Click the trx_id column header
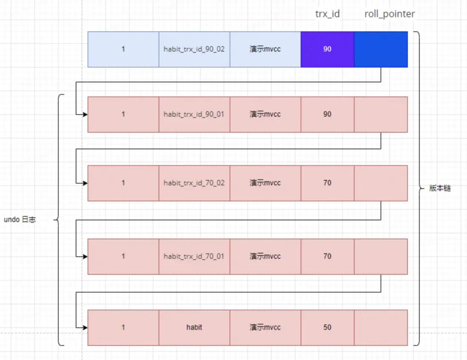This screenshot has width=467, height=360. pos(327,14)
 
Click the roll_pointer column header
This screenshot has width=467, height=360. pos(389,14)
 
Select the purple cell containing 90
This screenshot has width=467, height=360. pos(327,49)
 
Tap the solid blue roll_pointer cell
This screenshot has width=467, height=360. pos(381,49)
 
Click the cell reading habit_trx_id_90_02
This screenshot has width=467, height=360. pos(194,49)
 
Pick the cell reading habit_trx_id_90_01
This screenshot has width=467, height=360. pos(194,114)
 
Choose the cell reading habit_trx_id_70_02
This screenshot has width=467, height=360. pos(194,183)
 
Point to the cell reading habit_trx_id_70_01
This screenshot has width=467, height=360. pos(194,256)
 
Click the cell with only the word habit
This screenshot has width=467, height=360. pos(194,327)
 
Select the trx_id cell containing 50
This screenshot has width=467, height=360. pos(327,327)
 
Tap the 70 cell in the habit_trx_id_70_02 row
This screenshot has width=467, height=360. pos(327,183)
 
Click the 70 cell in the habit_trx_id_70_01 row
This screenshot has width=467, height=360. pos(327,256)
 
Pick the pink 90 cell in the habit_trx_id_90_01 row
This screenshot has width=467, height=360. pos(327,114)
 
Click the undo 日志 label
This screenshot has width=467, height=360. pos(20,220)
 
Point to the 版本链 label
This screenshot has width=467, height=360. pos(440,188)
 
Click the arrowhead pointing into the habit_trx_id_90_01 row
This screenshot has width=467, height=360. pos(85,114)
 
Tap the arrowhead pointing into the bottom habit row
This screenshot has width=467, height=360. pos(85,328)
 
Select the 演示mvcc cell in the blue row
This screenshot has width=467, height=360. pos(265,49)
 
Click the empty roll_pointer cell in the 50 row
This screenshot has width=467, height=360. pos(381,327)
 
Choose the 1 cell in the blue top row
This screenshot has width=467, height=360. pos(123,49)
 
